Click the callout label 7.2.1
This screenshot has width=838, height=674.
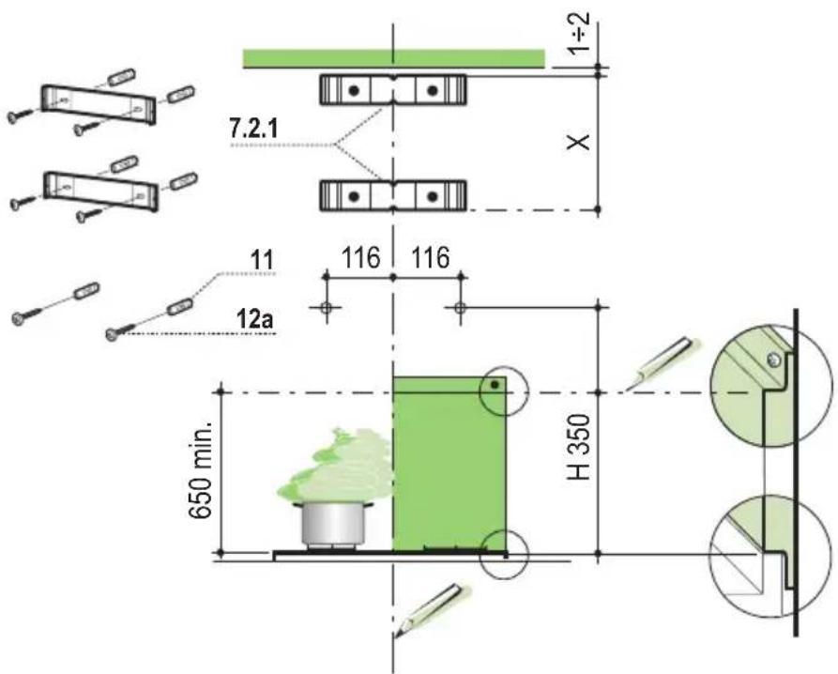[253, 129]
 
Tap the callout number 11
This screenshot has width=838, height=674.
[261, 260]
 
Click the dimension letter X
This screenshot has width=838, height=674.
[578, 142]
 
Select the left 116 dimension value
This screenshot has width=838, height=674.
[360, 258]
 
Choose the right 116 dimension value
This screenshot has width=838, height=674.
[430, 258]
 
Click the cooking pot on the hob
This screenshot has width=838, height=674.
[335, 524]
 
